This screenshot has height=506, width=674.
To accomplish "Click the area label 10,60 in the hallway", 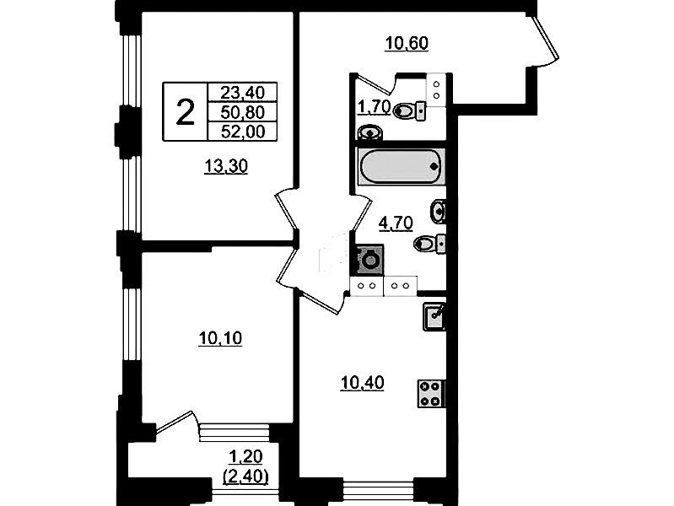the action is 407,43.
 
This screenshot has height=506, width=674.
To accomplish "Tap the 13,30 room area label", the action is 226,166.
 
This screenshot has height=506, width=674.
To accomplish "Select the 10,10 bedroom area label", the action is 220,339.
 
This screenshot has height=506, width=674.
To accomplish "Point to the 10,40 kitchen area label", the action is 362,383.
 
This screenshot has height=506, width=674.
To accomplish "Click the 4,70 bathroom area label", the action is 396,223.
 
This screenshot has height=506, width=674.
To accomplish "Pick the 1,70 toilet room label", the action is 374,106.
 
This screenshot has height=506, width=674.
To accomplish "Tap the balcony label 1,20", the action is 245,456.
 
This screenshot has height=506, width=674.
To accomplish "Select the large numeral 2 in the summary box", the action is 186,112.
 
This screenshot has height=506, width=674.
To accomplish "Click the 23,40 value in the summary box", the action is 242,92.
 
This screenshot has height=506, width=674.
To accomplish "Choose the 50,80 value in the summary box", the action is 242,112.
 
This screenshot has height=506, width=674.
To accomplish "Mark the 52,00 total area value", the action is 242,132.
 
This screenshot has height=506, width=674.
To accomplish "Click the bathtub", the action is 401,166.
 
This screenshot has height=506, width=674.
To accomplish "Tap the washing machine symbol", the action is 369,259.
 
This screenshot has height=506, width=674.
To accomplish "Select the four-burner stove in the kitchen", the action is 431,394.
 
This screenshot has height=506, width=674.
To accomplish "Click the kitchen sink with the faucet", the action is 434,316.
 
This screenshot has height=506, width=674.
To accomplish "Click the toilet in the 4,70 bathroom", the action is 430,244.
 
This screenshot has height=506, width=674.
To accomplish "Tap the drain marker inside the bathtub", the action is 435,166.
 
